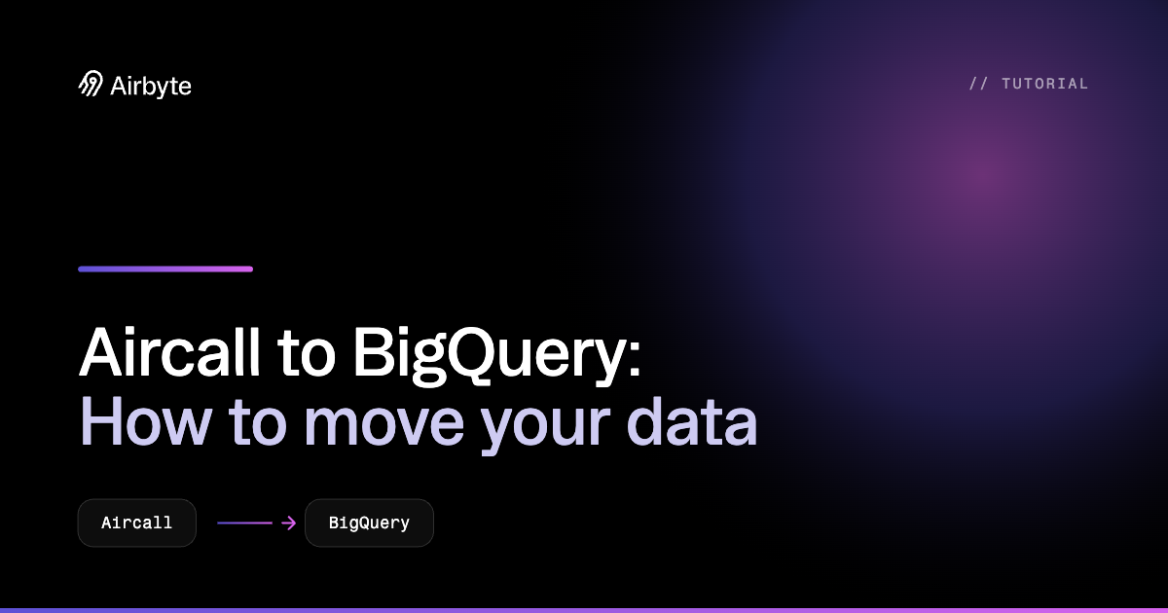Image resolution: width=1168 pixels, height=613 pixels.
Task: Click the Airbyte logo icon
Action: [91, 84]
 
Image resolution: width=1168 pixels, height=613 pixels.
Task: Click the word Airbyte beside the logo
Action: [151, 87]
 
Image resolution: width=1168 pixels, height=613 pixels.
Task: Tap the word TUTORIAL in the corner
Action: [1045, 84]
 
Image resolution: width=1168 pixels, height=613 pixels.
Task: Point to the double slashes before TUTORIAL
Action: [978, 84]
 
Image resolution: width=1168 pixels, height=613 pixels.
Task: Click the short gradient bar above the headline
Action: [165, 269]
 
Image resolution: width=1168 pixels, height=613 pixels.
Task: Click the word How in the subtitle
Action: [145, 420]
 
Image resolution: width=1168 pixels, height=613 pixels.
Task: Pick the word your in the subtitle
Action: [545, 428]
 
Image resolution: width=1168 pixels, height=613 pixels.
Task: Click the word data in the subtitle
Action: [691, 420]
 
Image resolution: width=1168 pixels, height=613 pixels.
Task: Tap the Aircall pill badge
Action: [136, 523]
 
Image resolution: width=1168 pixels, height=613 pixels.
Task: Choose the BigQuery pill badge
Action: [369, 523]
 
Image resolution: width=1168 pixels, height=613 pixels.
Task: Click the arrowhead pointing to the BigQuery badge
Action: [290, 523]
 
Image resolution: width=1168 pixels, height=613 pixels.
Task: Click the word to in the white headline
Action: [306, 354]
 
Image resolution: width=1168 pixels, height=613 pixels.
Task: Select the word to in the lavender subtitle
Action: [258, 423]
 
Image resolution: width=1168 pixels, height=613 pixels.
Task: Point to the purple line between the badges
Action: [244, 523]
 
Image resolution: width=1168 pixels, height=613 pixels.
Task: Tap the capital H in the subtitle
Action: [100, 421]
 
